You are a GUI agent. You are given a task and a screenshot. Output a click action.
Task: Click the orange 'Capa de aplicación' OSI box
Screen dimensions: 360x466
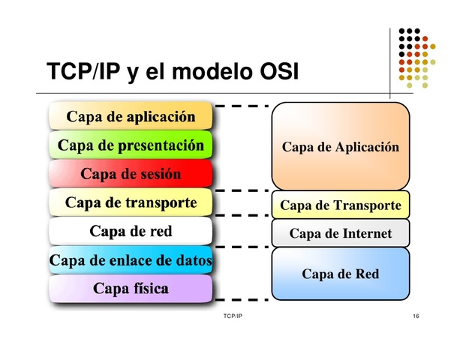pyautogui.click(x=131, y=116)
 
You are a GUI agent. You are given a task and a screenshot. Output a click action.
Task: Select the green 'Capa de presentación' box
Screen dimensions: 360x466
pyautogui.click(x=131, y=145)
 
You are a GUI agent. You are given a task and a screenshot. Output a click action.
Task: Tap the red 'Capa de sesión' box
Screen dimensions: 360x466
pyautogui.click(x=131, y=174)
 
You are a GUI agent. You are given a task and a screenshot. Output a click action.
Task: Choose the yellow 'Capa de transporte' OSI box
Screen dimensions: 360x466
pyautogui.click(x=131, y=202)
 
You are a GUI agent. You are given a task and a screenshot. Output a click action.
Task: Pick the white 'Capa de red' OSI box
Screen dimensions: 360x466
pyautogui.click(x=131, y=231)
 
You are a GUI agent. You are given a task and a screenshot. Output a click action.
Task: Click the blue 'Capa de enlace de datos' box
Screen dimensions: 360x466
pyautogui.click(x=131, y=260)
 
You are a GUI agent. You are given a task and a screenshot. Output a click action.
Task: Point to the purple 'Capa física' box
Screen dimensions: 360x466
pyautogui.click(x=131, y=288)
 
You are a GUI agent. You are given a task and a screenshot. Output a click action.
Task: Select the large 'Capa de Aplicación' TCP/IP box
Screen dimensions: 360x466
pyautogui.click(x=340, y=147)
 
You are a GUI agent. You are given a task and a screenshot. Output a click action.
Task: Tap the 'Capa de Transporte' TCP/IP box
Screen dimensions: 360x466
pyautogui.click(x=340, y=205)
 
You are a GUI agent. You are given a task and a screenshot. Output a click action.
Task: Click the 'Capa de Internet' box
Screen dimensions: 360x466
pyautogui.click(x=340, y=233)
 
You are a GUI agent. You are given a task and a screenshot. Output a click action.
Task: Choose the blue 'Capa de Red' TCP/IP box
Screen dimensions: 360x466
pyautogui.click(x=340, y=274)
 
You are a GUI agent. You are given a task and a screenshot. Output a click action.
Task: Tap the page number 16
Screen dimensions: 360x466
pyautogui.click(x=416, y=317)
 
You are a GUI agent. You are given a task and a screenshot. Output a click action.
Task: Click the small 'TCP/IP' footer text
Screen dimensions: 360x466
pyautogui.click(x=233, y=317)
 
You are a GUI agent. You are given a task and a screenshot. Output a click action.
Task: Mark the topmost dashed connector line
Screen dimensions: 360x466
pyautogui.click(x=242, y=106)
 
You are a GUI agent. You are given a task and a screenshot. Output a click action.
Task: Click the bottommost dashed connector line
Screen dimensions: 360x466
pyautogui.click(x=242, y=301)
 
